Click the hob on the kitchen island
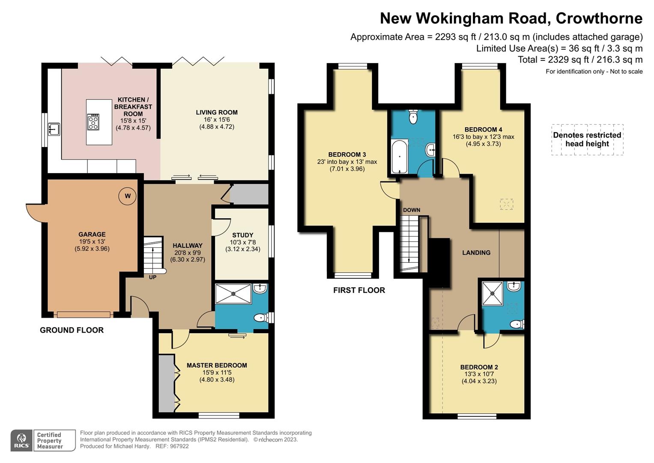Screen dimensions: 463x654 coord(93,122)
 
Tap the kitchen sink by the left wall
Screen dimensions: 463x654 coord(54,129)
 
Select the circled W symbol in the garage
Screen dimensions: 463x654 coord(127,196)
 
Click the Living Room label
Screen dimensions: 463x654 coord(217,112)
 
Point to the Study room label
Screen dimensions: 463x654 coord(242,235)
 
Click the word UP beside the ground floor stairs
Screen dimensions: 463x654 coord(152,277)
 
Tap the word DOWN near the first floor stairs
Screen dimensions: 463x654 coord(411,210)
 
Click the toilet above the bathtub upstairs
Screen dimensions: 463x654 coord(413,117)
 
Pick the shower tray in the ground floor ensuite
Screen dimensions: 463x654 coord(233,294)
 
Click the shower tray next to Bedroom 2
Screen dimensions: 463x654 coord(492,293)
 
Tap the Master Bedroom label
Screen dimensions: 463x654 coord(217,365)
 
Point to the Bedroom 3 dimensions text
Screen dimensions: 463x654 coord(347,165)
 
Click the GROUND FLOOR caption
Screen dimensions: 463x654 coord(72,330)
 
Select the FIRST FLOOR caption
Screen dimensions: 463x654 coord(359,290)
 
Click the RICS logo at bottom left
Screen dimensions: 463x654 coord(21,440)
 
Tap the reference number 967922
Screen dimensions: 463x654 coord(179,446)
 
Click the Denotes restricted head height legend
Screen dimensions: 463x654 coord(587,139)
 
